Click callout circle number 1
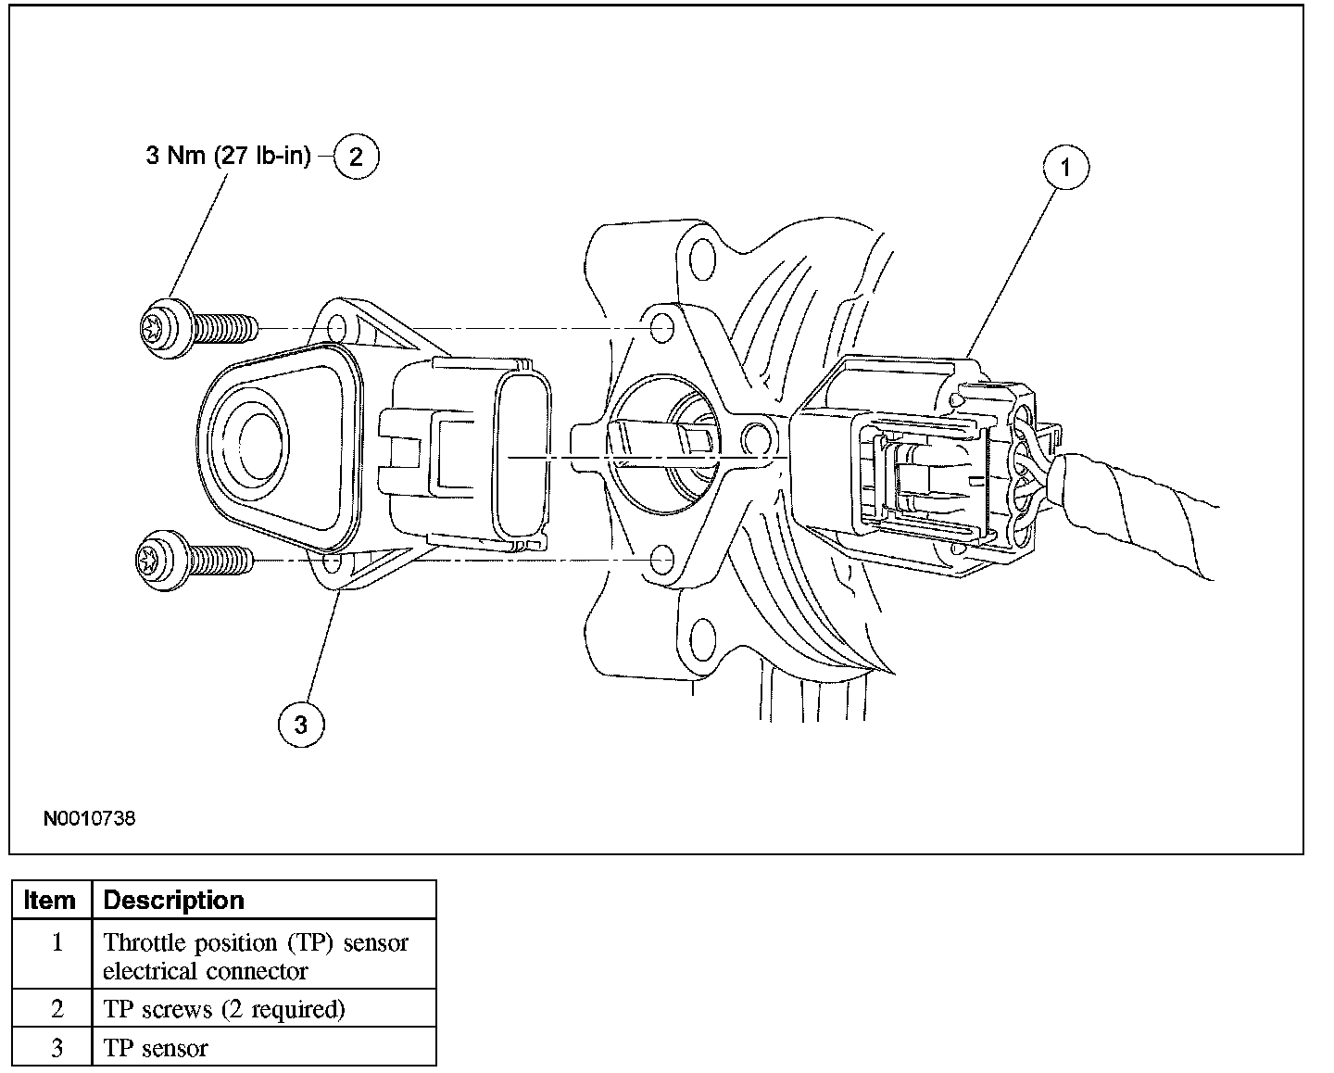tap(1065, 168)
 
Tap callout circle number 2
tap(356, 156)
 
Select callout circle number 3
tap(301, 724)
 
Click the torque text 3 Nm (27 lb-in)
tap(228, 156)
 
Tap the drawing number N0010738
tap(89, 819)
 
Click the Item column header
tap(51, 900)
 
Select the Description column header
tap(174, 900)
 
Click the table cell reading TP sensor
tap(156, 1048)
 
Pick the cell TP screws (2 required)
tap(224, 1008)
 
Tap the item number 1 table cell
tap(57, 943)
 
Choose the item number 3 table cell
tap(57, 1048)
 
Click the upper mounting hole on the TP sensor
tap(337, 328)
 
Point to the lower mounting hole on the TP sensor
tap(332, 562)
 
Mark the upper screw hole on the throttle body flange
tap(661, 327)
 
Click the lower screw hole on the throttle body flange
tap(661, 561)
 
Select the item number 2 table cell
tap(57, 1008)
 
